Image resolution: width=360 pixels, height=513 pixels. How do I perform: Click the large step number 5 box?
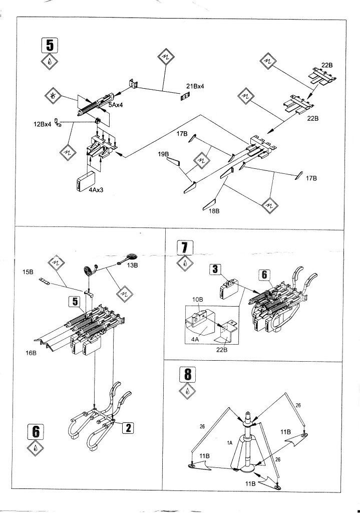49,46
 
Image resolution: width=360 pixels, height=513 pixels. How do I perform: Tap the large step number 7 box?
184,248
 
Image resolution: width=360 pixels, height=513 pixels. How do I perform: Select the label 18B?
215,211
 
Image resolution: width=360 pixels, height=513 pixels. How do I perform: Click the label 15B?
28,272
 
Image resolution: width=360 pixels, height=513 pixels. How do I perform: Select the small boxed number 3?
215,270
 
